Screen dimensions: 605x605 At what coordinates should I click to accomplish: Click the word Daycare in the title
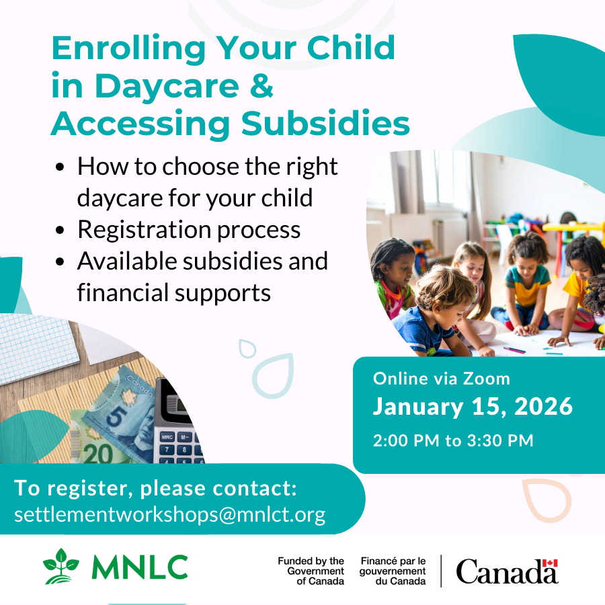pyautogui.click(x=167, y=87)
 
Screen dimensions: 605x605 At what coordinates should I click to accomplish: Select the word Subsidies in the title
pyautogui.click(x=325, y=123)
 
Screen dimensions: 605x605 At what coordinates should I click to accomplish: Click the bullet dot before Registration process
pyautogui.click(x=60, y=231)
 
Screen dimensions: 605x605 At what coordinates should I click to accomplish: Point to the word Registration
pyautogui.click(x=144, y=231)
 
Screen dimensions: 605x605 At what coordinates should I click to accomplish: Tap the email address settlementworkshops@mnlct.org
pyautogui.click(x=170, y=515)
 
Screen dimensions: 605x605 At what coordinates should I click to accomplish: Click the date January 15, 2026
pyautogui.click(x=473, y=407)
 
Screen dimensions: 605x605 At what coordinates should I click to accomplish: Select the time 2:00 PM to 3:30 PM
pyautogui.click(x=453, y=440)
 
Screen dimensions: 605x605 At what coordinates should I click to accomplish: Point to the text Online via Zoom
pyautogui.click(x=442, y=379)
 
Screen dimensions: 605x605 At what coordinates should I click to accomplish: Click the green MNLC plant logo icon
pyautogui.click(x=61, y=567)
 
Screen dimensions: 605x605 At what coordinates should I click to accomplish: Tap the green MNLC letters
pyautogui.click(x=140, y=567)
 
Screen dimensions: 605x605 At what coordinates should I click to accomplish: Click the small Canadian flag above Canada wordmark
pyautogui.click(x=550, y=563)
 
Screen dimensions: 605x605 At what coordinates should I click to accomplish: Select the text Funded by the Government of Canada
pyautogui.click(x=311, y=571)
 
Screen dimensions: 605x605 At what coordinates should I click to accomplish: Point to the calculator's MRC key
pyautogui.click(x=167, y=437)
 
